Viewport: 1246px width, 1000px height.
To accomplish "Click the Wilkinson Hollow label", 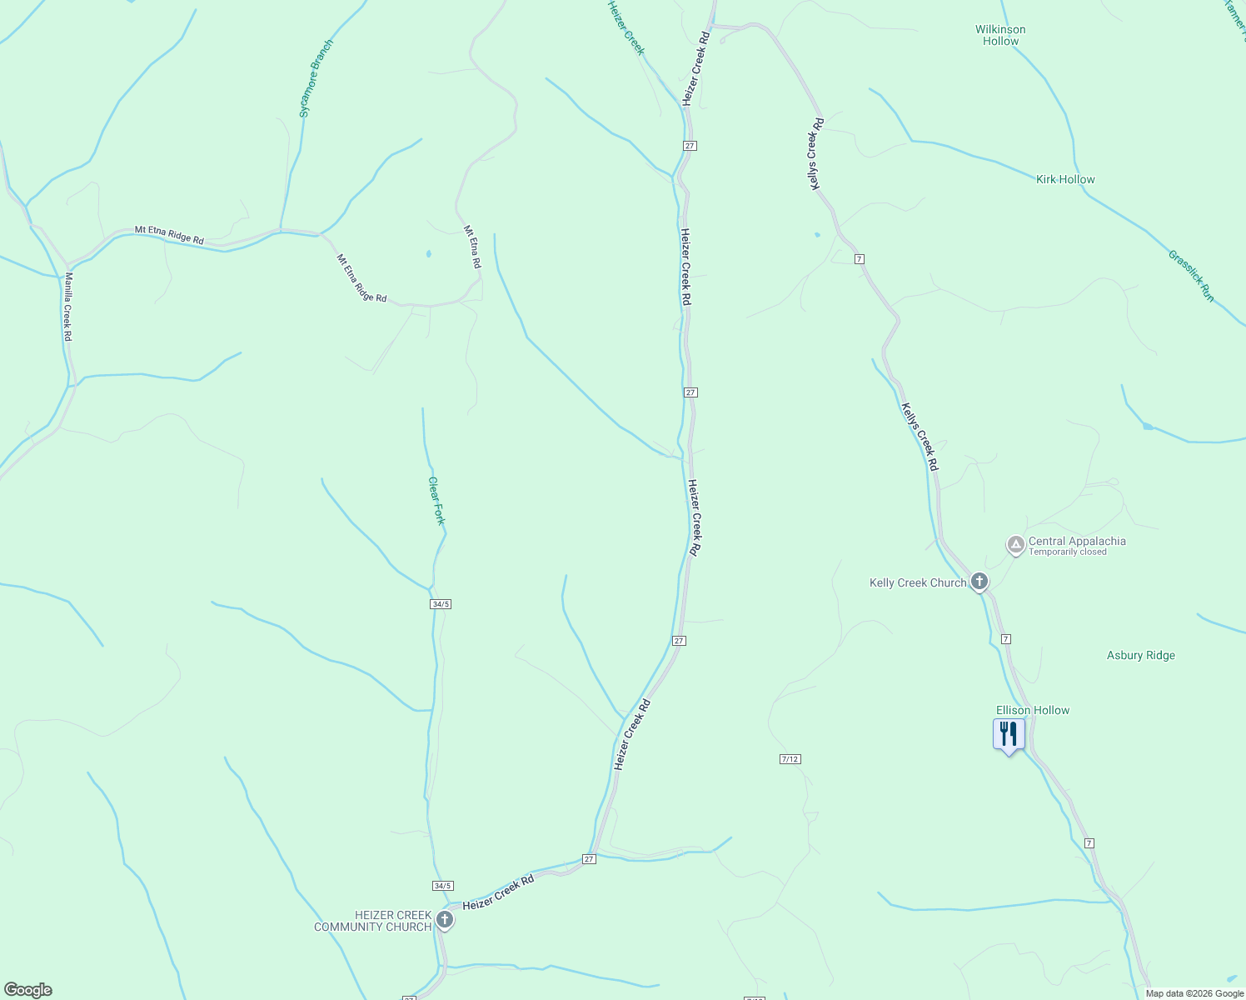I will coord(1000,35).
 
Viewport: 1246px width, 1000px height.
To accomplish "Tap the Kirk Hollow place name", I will coord(1065,179).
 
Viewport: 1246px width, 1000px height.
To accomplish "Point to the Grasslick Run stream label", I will coord(1191,276).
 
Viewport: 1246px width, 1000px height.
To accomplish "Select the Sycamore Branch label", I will coord(316,77).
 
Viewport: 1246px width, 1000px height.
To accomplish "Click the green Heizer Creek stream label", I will coord(625,27).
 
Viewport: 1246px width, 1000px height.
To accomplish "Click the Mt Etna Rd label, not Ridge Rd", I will coord(472,247).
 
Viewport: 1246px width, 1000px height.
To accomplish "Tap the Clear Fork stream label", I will coord(436,500).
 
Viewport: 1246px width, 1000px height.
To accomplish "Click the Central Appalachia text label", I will coord(1077,541).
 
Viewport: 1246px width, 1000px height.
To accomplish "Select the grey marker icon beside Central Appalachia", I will coord(1015,545).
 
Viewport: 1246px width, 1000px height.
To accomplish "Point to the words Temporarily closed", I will coord(1068,552).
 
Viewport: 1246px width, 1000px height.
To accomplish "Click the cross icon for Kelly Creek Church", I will coord(979,582).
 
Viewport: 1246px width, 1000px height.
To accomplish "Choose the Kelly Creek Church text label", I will coord(918,582).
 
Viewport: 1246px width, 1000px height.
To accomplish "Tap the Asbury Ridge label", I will coord(1141,655).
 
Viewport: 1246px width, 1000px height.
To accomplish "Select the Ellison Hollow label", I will coord(1033,710).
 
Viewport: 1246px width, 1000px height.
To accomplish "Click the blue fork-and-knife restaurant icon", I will coord(1009,734).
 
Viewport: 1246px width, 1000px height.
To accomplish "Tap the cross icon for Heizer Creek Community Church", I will coord(445,920).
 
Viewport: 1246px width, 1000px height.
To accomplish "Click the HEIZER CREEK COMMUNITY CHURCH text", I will coord(372,921).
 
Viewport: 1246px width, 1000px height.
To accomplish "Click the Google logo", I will coord(28,990).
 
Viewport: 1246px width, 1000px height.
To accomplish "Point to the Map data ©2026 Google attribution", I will coord(1194,993).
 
